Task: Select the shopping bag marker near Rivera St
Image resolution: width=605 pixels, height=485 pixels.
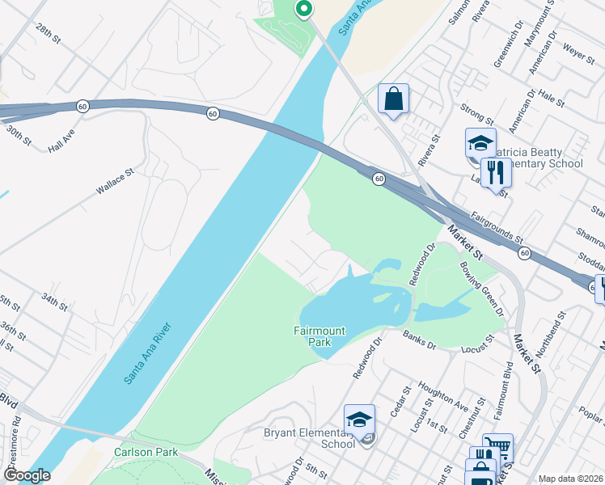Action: click(393, 100)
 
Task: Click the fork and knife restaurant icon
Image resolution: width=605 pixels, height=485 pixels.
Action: click(496, 172)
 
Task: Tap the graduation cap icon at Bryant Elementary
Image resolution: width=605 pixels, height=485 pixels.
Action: click(359, 420)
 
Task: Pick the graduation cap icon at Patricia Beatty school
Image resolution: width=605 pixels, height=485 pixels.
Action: click(480, 143)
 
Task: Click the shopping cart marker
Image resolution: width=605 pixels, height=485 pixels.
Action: click(497, 447)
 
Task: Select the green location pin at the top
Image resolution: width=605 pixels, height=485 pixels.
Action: click(303, 9)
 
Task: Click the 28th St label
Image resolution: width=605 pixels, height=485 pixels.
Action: click(48, 33)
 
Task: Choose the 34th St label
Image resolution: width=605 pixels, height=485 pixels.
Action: click(55, 303)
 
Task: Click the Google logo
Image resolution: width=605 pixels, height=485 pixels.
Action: click(27, 475)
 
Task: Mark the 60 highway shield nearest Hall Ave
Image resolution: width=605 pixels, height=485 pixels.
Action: click(82, 107)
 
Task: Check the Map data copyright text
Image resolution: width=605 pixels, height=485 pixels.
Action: click(570, 479)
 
